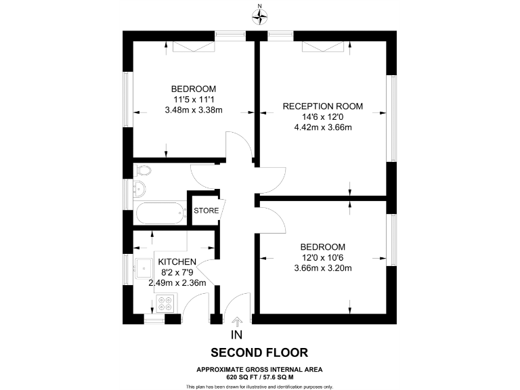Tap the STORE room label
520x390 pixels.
207,211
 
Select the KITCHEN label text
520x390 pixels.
177,262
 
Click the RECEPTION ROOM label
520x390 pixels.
323,106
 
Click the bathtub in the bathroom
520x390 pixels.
160,214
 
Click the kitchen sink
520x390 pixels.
144,265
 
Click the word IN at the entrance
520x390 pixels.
236,335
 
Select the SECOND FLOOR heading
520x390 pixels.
259,353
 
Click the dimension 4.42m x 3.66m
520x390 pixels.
323,127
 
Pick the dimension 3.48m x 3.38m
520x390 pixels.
194,110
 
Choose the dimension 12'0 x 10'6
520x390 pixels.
323,257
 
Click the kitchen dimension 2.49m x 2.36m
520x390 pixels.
177,284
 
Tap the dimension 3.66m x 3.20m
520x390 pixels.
323,268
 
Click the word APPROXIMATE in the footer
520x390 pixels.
217,368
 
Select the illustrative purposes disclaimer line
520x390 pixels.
259,386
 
